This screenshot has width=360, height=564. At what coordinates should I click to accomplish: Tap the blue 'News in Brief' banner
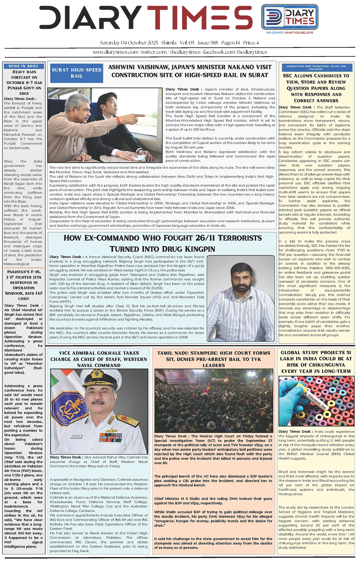click(24, 66)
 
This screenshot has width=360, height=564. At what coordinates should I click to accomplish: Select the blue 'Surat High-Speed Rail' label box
click(77, 73)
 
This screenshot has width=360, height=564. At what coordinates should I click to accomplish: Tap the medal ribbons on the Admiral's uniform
click(110, 437)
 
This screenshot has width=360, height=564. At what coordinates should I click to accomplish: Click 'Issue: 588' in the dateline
click(208, 43)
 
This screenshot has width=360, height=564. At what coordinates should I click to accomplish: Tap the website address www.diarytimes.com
click(116, 52)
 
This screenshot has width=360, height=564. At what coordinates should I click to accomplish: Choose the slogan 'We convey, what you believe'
click(290, 33)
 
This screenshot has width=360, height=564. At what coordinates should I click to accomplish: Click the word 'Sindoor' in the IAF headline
click(14, 293)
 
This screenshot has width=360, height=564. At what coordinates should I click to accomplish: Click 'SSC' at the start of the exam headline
click(287, 76)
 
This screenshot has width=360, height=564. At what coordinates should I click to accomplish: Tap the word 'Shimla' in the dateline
click(169, 43)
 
